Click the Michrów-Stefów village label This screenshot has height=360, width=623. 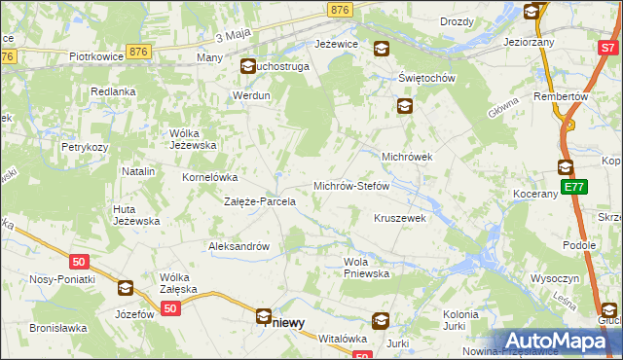click(x=350, y=185)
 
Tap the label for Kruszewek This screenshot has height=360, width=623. click(x=400, y=218)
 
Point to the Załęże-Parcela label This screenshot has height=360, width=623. click(x=260, y=202)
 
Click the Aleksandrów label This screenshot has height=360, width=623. click(x=238, y=246)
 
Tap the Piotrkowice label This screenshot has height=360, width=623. click(x=94, y=57)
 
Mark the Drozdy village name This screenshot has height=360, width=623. click(x=457, y=21)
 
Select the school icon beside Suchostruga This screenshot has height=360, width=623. click(x=247, y=67)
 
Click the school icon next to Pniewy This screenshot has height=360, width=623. click(x=264, y=315)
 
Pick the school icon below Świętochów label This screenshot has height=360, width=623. click(x=404, y=107)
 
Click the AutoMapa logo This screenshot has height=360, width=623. click(x=559, y=341)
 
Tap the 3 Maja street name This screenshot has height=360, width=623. click(x=231, y=37)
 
